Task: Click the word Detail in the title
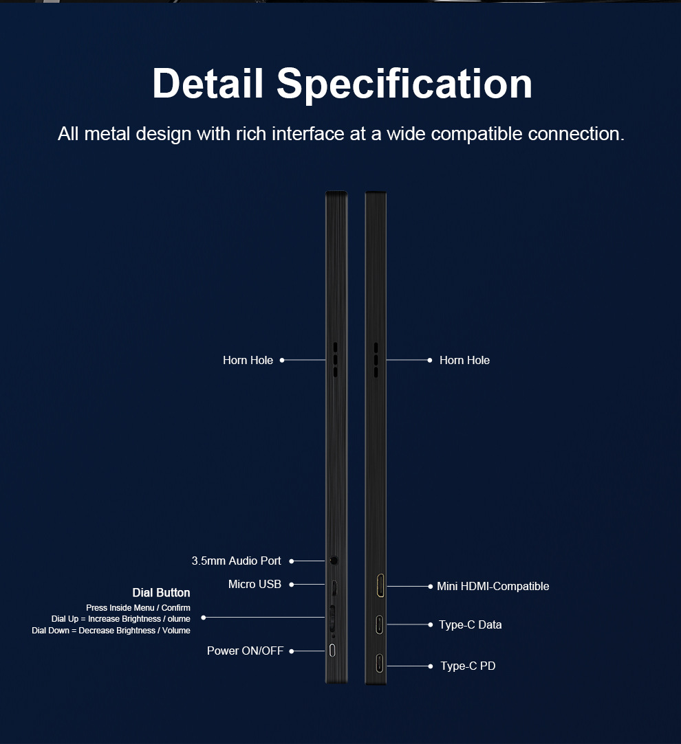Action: coord(208,83)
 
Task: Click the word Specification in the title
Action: coord(404,83)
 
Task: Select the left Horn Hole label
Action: coord(248,360)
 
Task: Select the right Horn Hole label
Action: coord(464,360)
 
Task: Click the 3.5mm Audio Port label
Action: coord(236,561)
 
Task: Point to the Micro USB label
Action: coord(255,584)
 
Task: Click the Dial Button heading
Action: coord(161,592)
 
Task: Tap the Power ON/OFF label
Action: coord(245,651)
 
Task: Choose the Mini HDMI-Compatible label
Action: coord(493,586)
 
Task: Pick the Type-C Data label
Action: coord(470,624)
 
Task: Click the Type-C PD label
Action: coord(468,666)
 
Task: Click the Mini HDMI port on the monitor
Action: coord(379,586)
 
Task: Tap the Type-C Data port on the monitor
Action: coord(379,624)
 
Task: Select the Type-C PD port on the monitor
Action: coord(379,665)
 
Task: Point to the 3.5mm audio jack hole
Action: coord(334,561)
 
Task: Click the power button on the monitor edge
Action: coord(333,651)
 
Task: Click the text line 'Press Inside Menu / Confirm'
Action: coord(138,608)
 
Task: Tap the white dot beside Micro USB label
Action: coord(291,585)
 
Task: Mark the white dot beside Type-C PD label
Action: coord(430,666)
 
